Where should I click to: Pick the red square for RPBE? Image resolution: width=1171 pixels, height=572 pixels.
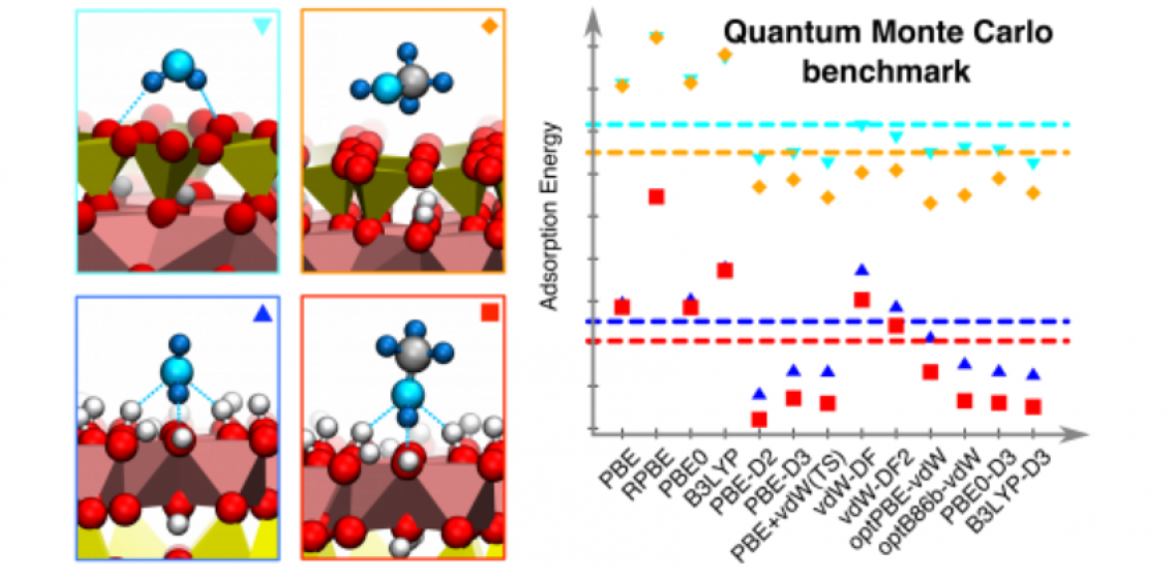pyautogui.click(x=657, y=197)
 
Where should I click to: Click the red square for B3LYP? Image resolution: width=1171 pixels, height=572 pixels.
pyautogui.click(x=725, y=271)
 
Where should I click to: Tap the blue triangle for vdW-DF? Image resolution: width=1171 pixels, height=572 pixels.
pyautogui.click(x=863, y=270)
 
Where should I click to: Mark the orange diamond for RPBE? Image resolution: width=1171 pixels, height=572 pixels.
pyautogui.click(x=657, y=38)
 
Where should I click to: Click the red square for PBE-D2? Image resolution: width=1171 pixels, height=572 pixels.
pyautogui.click(x=759, y=420)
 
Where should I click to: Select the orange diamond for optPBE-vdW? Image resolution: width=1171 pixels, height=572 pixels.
pyautogui.click(x=931, y=203)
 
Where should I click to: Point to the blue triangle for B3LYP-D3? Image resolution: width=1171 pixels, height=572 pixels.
pyautogui.click(x=1033, y=374)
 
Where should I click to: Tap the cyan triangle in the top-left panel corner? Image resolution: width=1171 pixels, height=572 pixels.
pyautogui.click(x=262, y=27)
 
